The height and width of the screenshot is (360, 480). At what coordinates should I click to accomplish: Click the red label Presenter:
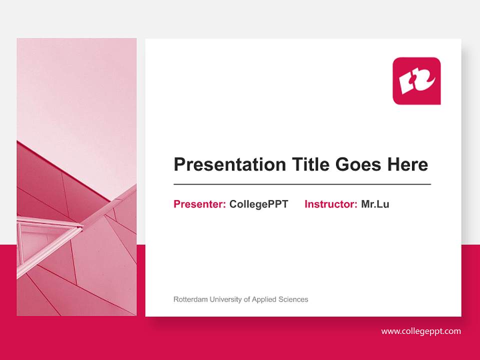tap(199, 204)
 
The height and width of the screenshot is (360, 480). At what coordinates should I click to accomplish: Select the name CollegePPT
tap(258, 204)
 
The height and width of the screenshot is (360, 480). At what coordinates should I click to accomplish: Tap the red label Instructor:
tap(330, 204)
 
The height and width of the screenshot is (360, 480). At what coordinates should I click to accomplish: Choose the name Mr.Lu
tap(375, 204)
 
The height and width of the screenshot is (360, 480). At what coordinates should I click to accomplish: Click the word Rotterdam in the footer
tap(190, 299)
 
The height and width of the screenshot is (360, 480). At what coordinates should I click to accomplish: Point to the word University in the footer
tap(225, 299)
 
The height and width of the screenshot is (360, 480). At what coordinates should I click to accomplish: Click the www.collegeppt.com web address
tap(421, 331)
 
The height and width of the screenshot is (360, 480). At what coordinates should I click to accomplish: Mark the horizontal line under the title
tap(302, 184)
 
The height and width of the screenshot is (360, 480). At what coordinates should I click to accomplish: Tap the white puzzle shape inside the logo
tap(416, 81)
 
